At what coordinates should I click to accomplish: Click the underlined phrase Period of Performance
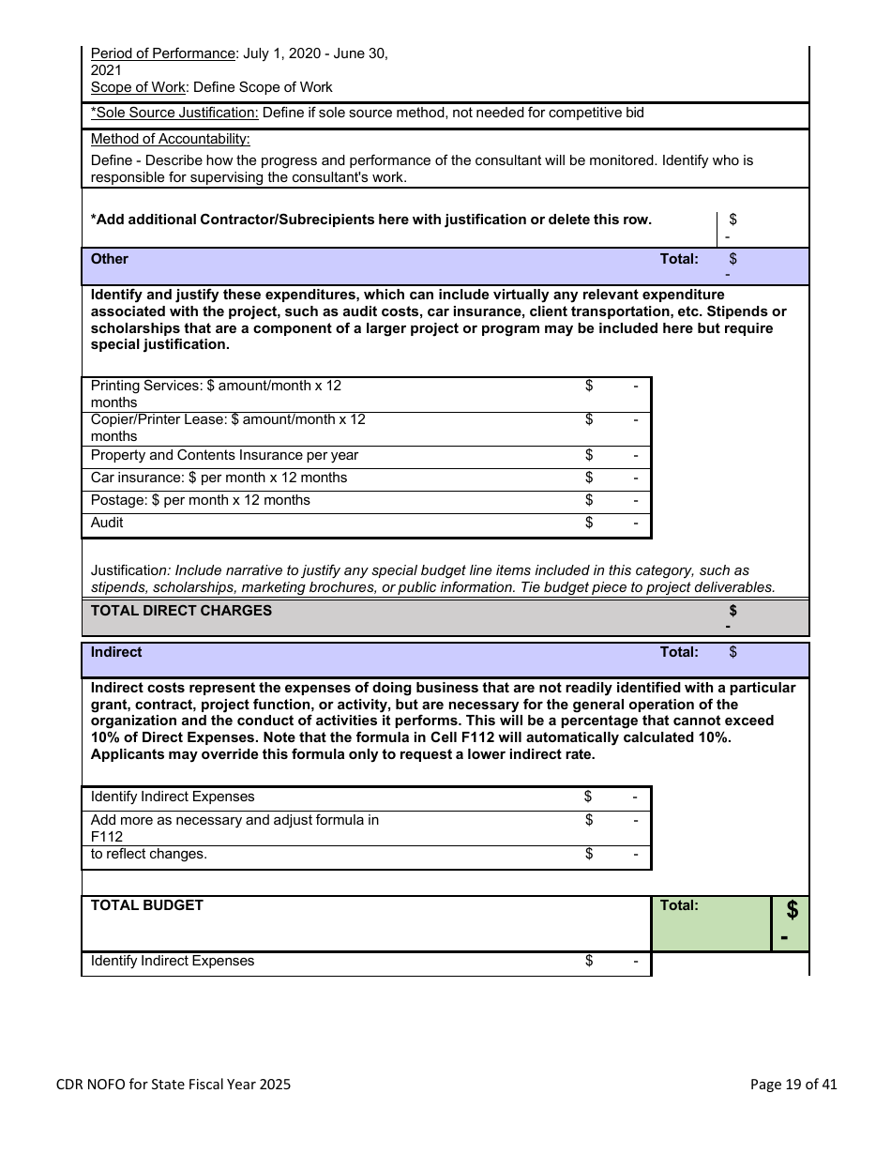click(162, 53)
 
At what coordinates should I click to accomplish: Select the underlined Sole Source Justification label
click(174, 113)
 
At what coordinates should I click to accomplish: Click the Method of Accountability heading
click(170, 139)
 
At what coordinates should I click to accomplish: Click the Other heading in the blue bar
click(109, 259)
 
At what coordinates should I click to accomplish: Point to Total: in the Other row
click(679, 259)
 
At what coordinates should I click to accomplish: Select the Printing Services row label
click(216, 386)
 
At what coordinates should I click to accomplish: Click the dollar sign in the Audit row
click(589, 523)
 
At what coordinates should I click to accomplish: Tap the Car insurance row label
click(219, 478)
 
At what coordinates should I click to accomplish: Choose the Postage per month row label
click(200, 500)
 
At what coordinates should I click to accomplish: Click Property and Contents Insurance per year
click(224, 455)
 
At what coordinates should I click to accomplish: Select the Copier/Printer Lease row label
click(228, 419)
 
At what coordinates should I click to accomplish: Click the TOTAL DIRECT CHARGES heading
click(181, 611)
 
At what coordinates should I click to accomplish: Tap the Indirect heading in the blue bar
click(116, 652)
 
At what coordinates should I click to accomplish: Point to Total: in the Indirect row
click(679, 652)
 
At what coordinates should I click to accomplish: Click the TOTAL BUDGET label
click(146, 905)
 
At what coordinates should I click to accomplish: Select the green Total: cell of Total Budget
click(679, 905)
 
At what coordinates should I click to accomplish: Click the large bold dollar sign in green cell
click(793, 909)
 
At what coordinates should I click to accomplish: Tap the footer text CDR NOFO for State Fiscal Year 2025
click(174, 1085)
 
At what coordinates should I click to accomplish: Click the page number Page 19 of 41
click(793, 1085)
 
